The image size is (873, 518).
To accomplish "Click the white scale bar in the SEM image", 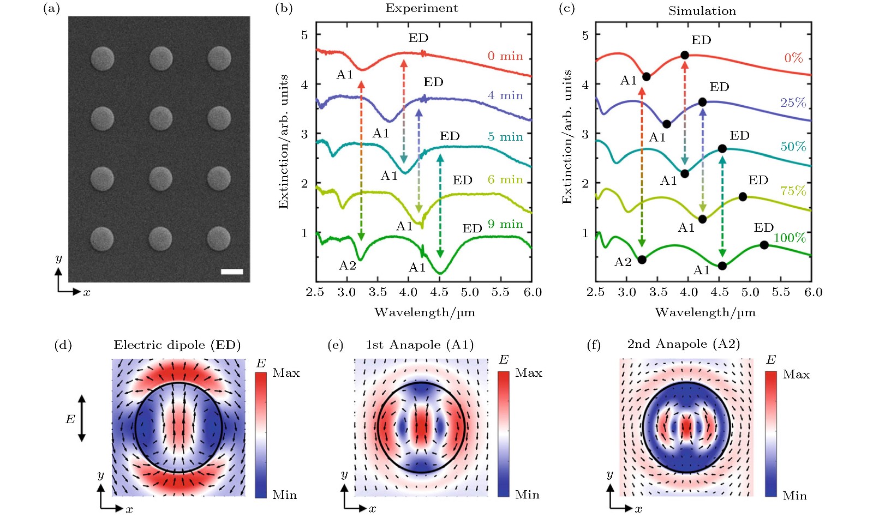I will pyautogui.click(x=232, y=271).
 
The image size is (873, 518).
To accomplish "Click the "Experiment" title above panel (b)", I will pyautogui.click(x=421, y=8).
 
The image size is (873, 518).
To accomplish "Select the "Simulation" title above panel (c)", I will pyautogui.click(x=702, y=11).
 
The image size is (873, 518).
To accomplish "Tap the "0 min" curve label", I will pyautogui.click(x=505, y=56).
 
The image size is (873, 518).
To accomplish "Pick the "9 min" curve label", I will pyautogui.click(x=505, y=224).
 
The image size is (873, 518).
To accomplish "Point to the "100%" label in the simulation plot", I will pyautogui.click(x=789, y=238).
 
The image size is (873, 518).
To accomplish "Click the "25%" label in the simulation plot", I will pyautogui.click(x=793, y=103).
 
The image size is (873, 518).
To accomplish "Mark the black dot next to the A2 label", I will pyautogui.click(x=642, y=260).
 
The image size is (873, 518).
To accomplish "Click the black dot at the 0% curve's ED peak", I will pyautogui.click(x=685, y=55).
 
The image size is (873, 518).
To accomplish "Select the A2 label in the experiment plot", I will pyautogui.click(x=347, y=266).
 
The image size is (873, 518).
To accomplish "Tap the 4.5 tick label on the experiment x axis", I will pyautogui.click(x=439, y=292).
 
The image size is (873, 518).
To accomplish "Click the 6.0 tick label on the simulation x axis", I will pyautogui.click(x=813, y=292).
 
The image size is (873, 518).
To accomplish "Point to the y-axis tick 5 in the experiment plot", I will pyautogui.click(x=304, y=35).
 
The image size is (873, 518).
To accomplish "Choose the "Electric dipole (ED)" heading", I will pyautogui.click(x=177, y=345).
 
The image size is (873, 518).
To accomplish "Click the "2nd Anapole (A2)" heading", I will pyautogui.click(x=683, y=344).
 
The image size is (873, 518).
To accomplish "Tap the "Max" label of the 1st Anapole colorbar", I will pyautogui.click(x=528, y=373).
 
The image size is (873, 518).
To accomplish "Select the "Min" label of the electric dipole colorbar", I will pyautogui.click(x=285, y=495).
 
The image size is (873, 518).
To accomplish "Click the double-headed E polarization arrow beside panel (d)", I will pyautogui.click(x=82, y=418).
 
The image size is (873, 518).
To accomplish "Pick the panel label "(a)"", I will pyautogui.click(x=51, y=8).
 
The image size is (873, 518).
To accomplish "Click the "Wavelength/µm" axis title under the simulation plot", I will pyautogui.click(x=705, y=312).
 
